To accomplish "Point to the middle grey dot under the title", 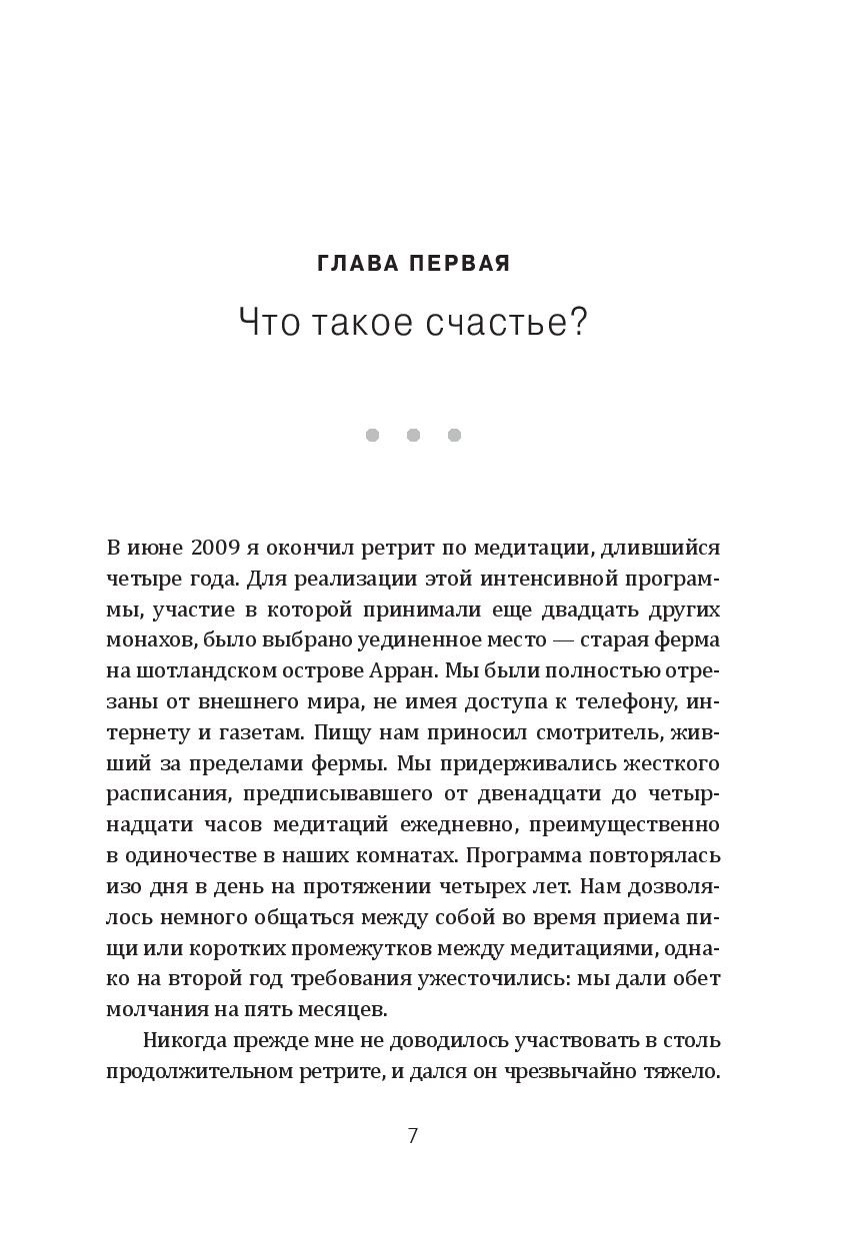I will click(x=413, y=435).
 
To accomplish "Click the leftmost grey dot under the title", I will click(x=372, y=435).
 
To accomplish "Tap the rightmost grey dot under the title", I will click(x=454, y=435).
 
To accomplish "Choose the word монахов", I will click(x=149, y=639).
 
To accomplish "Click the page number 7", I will click(x=413, y=1136).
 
